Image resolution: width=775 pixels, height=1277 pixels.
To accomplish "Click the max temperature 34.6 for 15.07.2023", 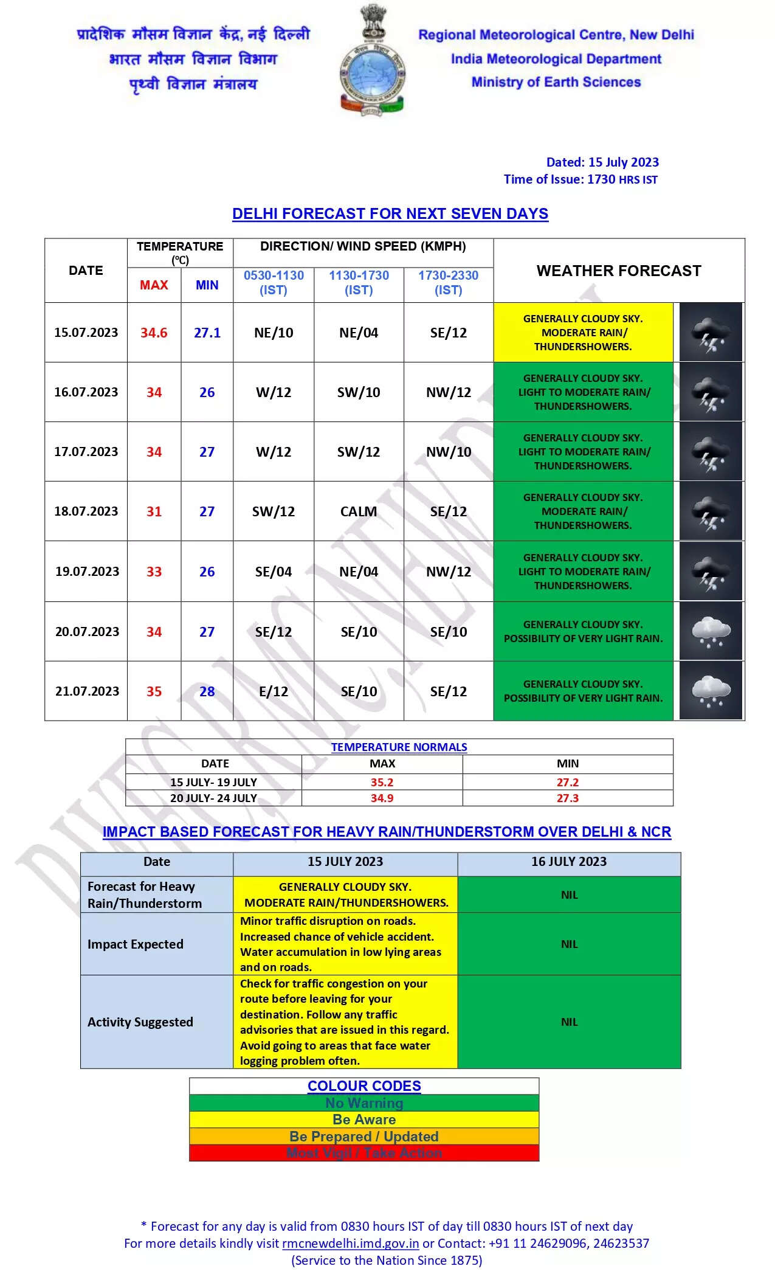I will click(154, 333).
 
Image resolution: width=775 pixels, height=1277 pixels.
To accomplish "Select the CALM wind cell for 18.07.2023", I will click(359, 511).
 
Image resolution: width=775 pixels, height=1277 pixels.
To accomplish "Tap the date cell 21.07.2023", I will click(87, 691).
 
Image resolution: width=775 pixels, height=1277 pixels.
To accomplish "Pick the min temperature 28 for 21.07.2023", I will click(207, 691).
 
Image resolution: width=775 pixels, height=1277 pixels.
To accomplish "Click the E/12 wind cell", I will click(274, 691).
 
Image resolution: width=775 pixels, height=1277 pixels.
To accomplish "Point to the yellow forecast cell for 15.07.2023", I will click(583, 333).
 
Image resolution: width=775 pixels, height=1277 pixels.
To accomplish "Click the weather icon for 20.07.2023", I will click(711, 631).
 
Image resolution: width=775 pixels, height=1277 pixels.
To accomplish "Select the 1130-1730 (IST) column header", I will click(359, 282).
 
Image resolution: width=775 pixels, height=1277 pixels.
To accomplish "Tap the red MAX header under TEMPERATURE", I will click(154, 285).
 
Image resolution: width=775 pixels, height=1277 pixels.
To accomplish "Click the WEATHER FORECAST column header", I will click(619, 271).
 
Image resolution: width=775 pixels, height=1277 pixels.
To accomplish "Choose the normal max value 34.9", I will click(382, 798).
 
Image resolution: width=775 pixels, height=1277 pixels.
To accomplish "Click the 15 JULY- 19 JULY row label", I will click(213, 782).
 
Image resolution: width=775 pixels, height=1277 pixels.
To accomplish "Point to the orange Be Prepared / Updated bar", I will click(364, 1136).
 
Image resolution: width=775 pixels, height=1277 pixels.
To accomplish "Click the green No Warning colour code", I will click(364, 1102).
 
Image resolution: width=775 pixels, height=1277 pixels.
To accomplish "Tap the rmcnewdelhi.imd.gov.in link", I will click(350, 1243).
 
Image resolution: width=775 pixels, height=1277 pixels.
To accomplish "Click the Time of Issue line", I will click(580, 179).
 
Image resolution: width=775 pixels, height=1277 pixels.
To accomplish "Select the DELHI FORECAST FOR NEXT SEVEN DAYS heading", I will click(390, 213).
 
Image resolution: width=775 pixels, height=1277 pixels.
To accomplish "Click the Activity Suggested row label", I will click(140, 1022).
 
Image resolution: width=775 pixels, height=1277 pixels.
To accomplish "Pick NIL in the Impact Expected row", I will click(569, 944).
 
